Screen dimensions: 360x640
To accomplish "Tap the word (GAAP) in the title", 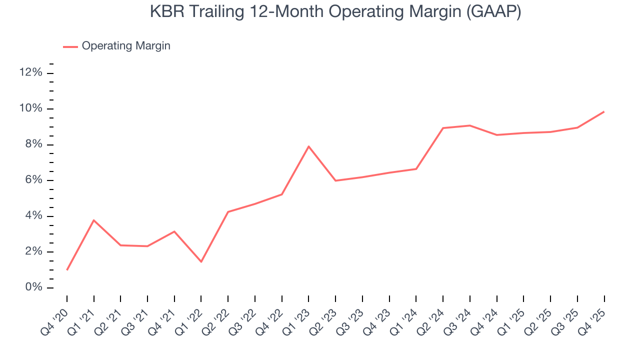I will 493,11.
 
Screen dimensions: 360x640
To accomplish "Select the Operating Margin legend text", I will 126,46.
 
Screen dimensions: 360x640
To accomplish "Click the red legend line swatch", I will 70,46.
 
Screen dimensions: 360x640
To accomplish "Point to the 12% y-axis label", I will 30,73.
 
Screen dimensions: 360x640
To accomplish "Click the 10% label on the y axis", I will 30,109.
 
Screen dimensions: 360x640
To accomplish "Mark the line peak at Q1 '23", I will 308,146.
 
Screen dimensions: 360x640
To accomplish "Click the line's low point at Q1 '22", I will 201,261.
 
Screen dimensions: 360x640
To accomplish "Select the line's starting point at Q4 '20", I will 67,270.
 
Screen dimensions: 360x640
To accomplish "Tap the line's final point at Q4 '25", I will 604,111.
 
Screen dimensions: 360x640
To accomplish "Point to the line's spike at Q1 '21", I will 94,220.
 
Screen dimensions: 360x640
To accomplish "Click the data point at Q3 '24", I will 470,125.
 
